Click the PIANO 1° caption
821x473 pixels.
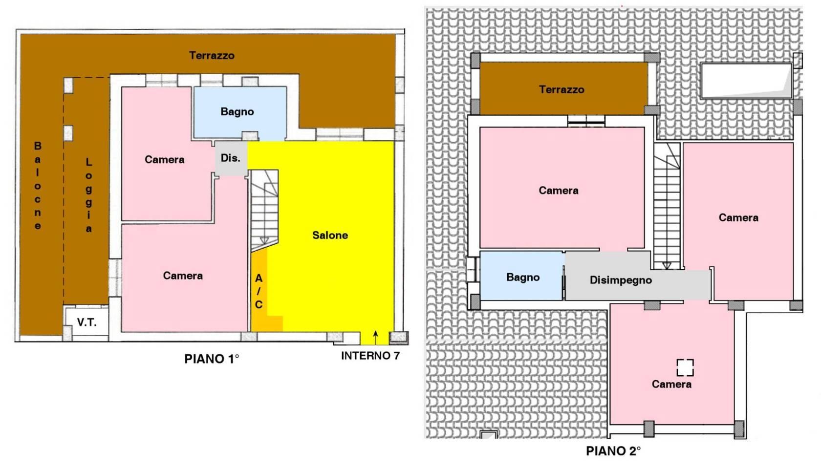click(x=212, y=359)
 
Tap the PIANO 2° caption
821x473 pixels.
click(x=613, y=451)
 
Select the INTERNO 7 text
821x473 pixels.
click(x=370, y=356)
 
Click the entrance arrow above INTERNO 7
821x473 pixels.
click(x=375, y=338)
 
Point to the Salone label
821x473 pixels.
click(x=330, y=235)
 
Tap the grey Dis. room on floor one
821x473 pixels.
click(x=231, y=158)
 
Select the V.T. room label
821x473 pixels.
click(x=87, y=322)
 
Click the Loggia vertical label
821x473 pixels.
click(x=89, y=195)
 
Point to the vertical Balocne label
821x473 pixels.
click(x=38, y=185)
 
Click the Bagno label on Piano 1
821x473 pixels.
click(x=237, y=112)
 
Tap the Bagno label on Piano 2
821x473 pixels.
click(x=523, y=278)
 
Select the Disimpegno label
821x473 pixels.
click(x=621, y=280)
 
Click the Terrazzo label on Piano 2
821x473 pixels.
click(x=562, y=90)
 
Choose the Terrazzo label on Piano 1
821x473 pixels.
click(x=212, y=56)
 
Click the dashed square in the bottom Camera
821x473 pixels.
click(x=685, y=367)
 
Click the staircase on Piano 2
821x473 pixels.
click(x=667, y=206)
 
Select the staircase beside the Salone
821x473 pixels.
click(x=265, y=210)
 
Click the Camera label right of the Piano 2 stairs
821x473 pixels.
click(x=738, y=217)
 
